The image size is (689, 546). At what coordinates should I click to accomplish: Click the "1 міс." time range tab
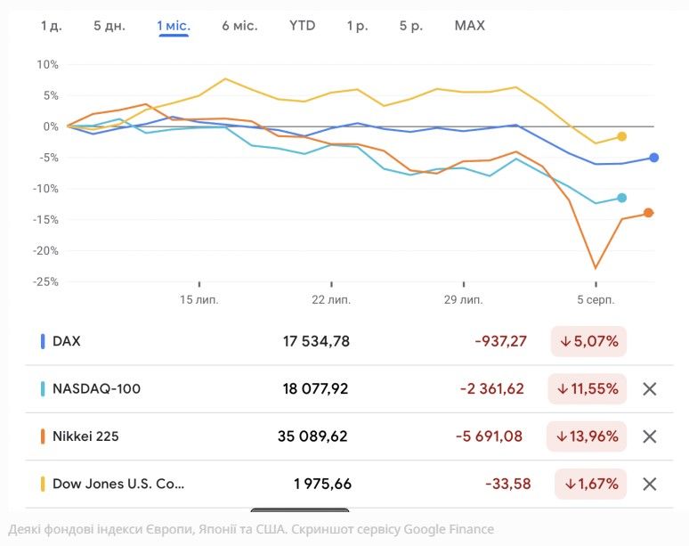click(x=174, y=26)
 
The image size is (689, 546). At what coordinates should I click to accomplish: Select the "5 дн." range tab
click(x=109, y=26)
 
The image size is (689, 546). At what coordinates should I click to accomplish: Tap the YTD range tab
click(x=302, y=26)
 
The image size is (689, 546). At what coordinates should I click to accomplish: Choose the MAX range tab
click(x=469, y=26)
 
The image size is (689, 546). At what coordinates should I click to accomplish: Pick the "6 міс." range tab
click(x=239, y=26)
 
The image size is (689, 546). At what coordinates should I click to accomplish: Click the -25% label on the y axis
click(x=45, y=281)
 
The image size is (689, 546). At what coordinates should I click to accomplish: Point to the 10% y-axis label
click(x=47, y=65)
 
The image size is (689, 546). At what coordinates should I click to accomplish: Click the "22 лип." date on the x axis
click(x=330, y=299)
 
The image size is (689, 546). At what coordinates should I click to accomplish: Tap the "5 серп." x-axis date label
click(x=595, y=299)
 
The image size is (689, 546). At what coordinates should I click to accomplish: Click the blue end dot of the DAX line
click(x=654, y=158)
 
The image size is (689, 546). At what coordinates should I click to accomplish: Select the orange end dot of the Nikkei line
click(x=649, y=213)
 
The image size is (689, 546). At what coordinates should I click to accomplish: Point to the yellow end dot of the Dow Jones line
click(x=622, y=136)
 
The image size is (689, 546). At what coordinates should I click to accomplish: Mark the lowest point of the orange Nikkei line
click(x=596, y=268)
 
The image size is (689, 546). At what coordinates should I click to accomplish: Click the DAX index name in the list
click(x=67, y=341)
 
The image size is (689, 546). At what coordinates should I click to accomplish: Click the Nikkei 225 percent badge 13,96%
click(x=588, y=436)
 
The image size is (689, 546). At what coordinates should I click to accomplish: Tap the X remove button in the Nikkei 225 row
click(x=650, y=436)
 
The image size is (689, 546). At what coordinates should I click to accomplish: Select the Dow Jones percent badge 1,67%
click(x=590, y=485)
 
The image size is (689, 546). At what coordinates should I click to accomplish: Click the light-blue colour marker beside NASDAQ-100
click(x=43, y=389)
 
